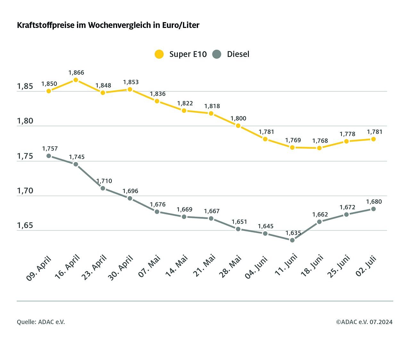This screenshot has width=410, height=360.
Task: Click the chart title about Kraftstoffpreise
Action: [x=108, y=25]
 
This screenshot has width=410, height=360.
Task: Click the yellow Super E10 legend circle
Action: [x=159, y=54]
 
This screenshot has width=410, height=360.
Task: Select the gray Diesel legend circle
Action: [x=217, y=54]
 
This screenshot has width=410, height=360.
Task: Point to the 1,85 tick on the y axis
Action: [x=25, y=86]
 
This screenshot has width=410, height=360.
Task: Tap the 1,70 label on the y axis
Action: [x=25, y=191]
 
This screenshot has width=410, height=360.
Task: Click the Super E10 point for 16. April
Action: [x=76, y=80]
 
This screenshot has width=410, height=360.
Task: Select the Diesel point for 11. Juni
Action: [x=292, y=240]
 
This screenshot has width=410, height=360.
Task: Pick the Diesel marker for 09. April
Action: [x=49, y=156]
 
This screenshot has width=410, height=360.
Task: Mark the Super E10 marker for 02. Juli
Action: [x=373, y=139]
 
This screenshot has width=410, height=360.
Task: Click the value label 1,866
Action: [x=76, y=73]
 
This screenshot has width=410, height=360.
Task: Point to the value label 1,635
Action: [x=293, y=233]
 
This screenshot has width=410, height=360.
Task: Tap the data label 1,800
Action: [x=238, y=119]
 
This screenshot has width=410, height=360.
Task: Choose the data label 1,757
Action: [x=50, y=149]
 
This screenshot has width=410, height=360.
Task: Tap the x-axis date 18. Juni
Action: [x=312, y=266]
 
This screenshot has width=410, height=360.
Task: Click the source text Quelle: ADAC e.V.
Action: [x=41, y=322]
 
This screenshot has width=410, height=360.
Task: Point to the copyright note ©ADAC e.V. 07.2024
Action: [x=364, y=322]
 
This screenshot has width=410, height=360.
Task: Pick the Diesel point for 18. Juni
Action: [x=319, y=222]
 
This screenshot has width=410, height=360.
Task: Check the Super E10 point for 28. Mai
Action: [x=238, y=126]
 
